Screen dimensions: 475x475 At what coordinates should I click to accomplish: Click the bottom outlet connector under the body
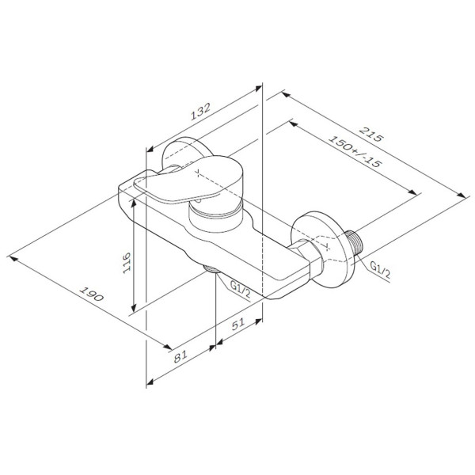point(212,270)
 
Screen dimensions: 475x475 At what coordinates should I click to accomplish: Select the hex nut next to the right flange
point(312,256)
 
